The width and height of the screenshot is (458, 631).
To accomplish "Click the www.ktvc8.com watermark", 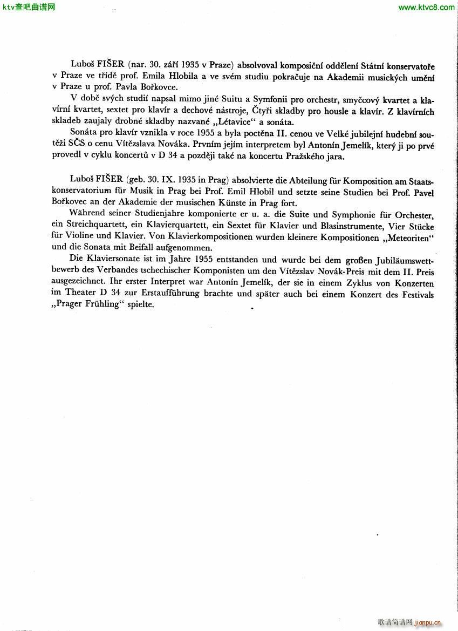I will [x=426, y=8].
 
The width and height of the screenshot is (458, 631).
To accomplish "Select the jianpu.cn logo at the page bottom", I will [x=428, y=622].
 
